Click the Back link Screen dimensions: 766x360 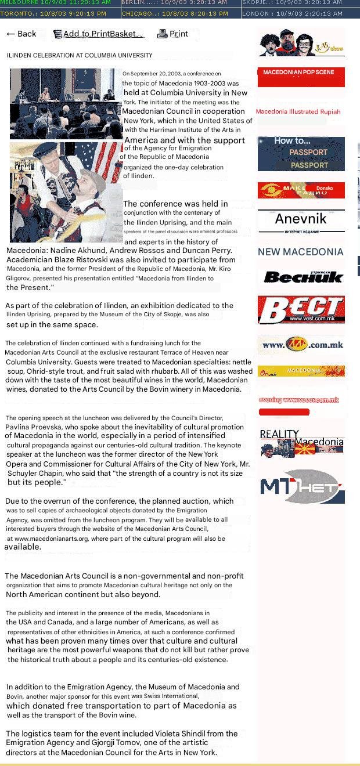click(x=21, y=34)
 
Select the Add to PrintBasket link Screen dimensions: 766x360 click(x=98, y=34)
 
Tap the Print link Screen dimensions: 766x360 click(x=173, y=34)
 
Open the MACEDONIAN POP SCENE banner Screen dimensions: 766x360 click(x=301, y=77)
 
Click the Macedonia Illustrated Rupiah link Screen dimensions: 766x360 click(x=298, y=111)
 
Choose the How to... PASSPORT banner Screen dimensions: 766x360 click(x=301, y=153)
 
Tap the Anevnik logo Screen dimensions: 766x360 click(x=301, y=221)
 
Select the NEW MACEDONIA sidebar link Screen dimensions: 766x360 click(x=301, y=252)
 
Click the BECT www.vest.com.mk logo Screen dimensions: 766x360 click(x=301, y=309)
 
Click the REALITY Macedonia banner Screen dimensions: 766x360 click(x=301, y=444)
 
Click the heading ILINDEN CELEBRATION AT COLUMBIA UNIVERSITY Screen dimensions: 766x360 click(x=80, y=56)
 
